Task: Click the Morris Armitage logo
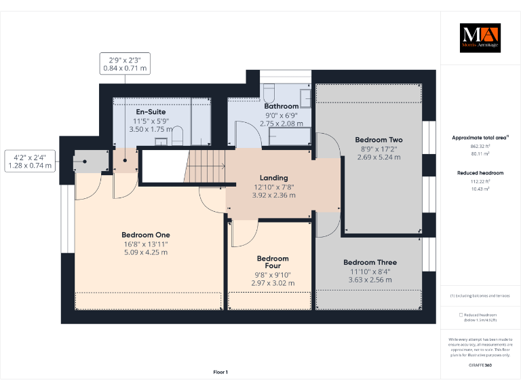[480, 38]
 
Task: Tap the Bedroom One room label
[146, 235]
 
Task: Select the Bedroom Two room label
[379, 140]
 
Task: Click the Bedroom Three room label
[370, 262]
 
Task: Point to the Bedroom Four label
[273, 262]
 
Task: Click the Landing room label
[274, 178]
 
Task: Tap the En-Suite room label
[151, 112]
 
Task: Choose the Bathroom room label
[281, 106]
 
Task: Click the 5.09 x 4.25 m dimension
[146, 253]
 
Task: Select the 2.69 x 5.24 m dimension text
[379, 157]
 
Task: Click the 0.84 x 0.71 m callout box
[124, 63]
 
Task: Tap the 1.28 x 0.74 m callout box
[30, 160]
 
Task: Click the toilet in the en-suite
[178, 138]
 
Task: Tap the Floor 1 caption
[220, 372]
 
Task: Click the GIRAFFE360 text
[480, 365]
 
